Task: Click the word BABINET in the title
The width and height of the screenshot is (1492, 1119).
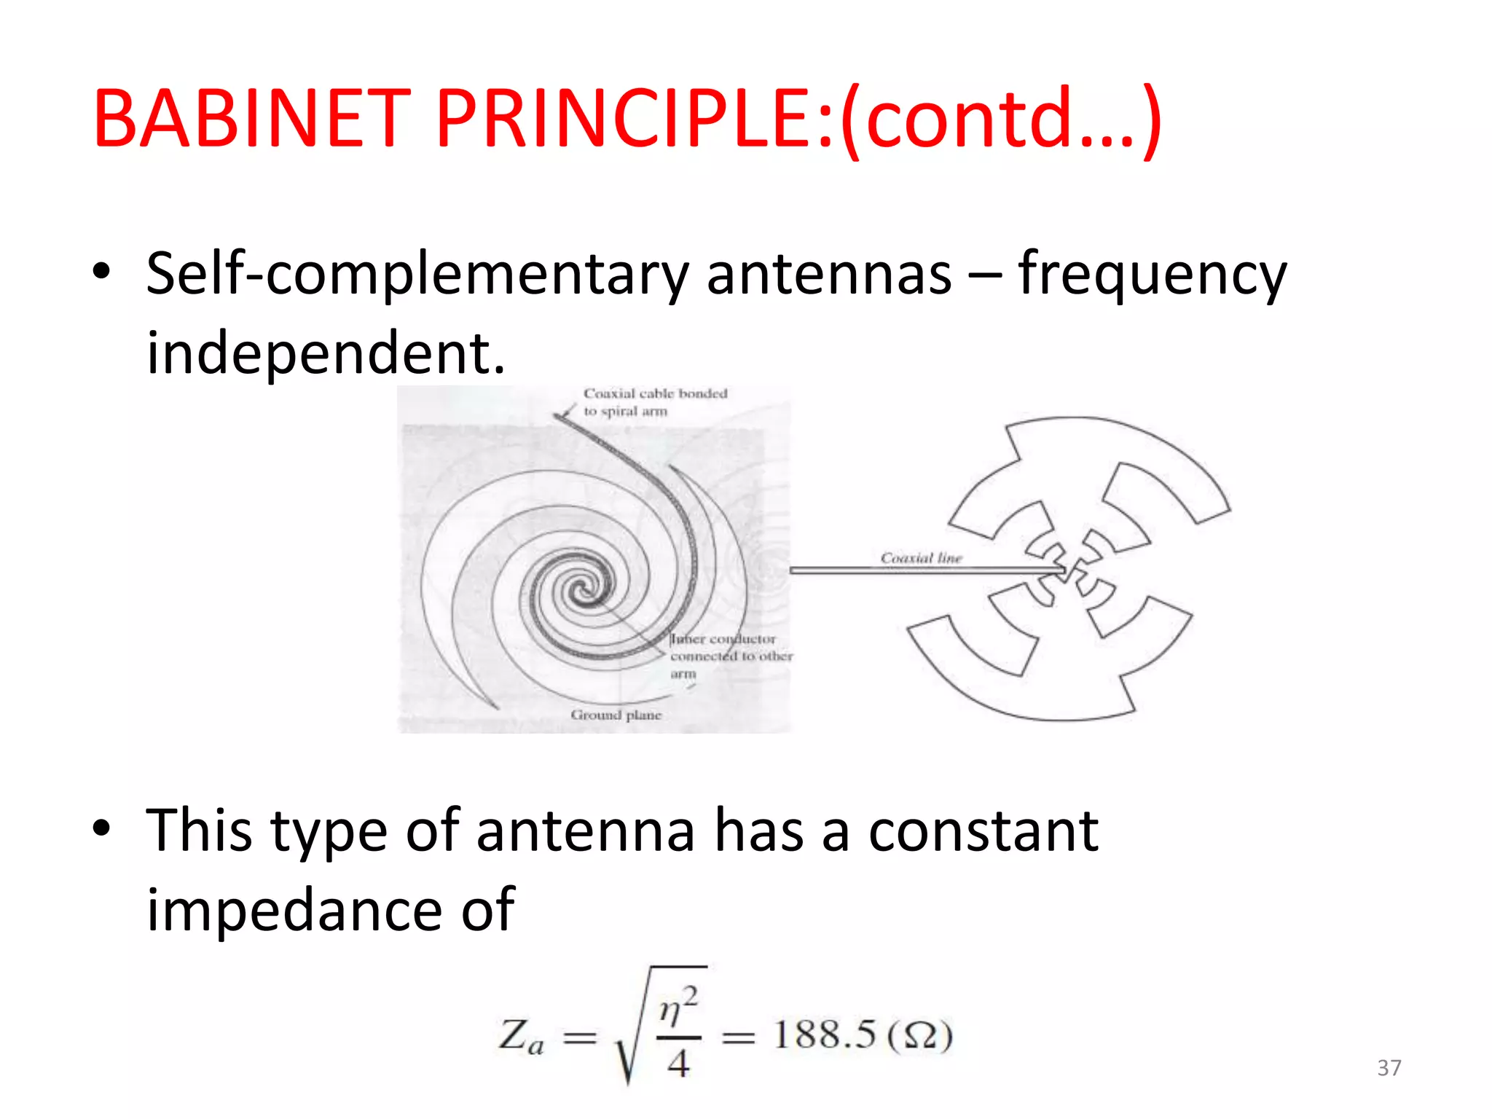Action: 252,118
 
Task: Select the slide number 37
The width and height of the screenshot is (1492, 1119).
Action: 1389,1068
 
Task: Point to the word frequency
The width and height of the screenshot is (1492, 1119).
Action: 1152,275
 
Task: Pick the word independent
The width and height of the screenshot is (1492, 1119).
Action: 325,353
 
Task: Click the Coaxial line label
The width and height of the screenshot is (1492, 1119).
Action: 921,558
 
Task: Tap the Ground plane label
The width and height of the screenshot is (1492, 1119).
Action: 616,715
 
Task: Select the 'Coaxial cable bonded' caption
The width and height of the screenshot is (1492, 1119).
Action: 655,393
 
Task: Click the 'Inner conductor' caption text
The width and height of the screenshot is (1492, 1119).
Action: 723,639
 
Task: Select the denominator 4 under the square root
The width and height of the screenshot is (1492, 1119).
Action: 678,1064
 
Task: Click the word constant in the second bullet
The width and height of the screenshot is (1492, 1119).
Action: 983,831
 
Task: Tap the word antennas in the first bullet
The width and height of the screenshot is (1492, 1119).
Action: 828,275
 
